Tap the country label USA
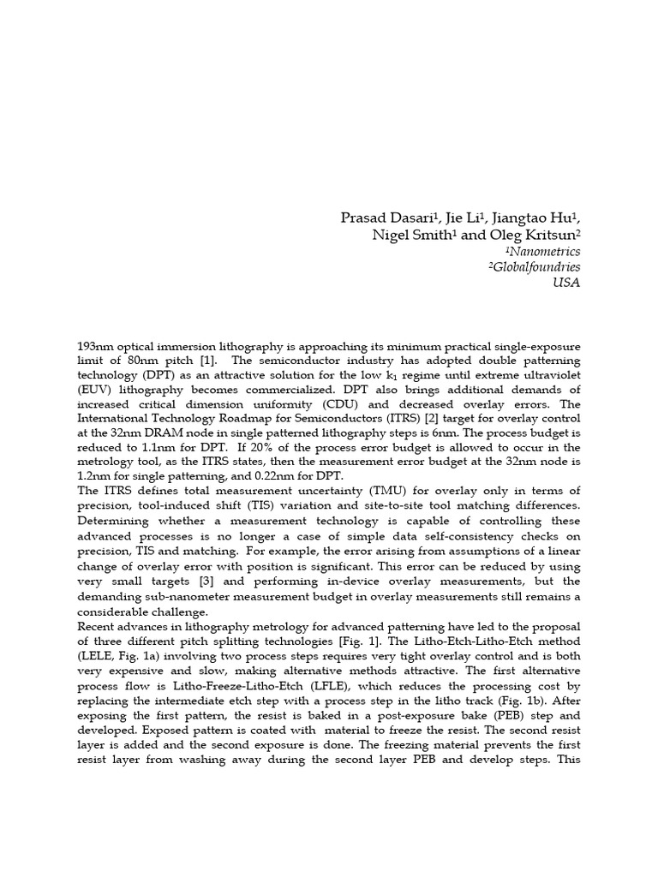click(x=567, y=283)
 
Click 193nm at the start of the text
click(x=94, y=345)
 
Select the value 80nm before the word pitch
click(x=135, y=360)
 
